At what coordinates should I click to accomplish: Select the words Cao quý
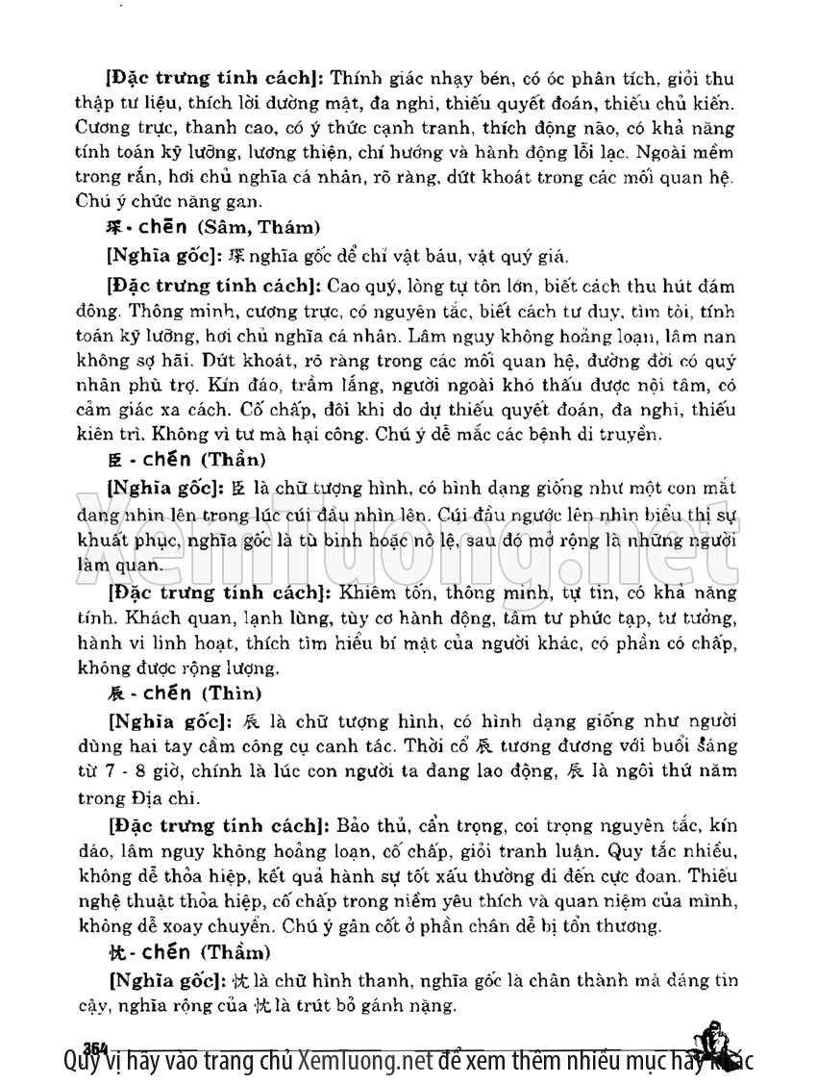356,286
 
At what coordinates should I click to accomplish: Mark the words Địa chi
170,797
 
